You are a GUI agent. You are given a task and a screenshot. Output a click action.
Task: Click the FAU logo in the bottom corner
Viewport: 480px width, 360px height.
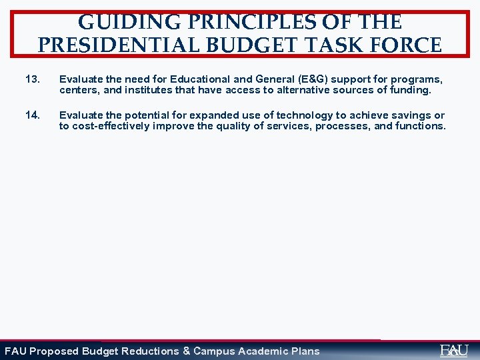(x=454, y=350)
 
